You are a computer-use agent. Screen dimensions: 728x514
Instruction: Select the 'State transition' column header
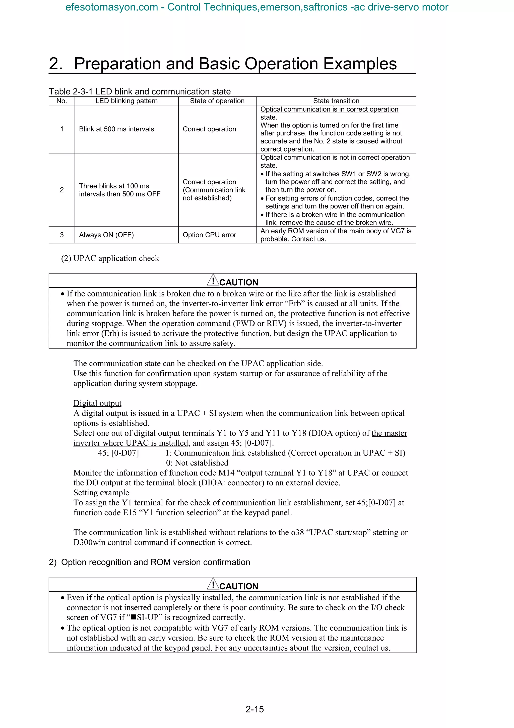click(336, 101)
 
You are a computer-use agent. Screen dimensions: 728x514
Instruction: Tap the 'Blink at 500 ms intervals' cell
click(116, 129)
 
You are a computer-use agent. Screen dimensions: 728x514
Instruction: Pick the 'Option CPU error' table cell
click(209, 235)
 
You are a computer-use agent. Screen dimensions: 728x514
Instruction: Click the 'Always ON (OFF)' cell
click(106, 235)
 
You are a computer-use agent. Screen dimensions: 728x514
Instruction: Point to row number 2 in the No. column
click(62, 190)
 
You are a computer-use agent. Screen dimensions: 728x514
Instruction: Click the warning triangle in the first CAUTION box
click(213, 280)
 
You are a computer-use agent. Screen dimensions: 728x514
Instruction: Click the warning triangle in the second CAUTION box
click(213, 584)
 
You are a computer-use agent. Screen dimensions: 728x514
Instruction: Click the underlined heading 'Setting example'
click(101, 492)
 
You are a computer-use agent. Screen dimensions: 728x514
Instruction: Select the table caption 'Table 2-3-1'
click(71, 92)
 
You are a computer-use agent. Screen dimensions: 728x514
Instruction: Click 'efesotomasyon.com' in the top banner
click(111, 7)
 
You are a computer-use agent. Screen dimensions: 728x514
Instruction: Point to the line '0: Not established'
click(197, 463)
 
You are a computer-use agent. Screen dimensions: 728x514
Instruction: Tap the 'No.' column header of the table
click(62, 101)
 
